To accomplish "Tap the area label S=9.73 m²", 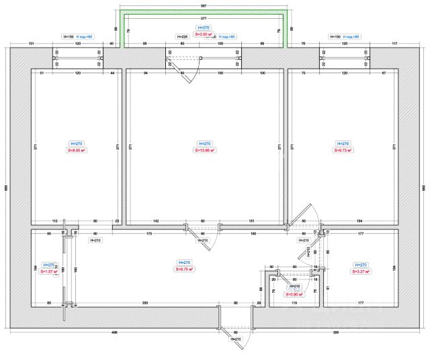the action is point(343,150).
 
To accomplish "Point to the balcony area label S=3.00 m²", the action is point(203,33).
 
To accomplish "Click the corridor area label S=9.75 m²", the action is point(183,269).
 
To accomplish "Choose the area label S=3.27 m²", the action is point(359,272).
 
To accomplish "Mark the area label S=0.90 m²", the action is point(294,294).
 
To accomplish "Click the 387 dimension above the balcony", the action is point(203,5).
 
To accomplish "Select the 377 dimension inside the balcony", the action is point(203,18).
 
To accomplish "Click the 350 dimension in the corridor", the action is point(145,304).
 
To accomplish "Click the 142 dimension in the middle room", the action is point(155,220).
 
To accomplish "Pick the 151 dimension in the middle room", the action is point(251,220).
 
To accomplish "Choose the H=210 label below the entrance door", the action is point(235,340).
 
